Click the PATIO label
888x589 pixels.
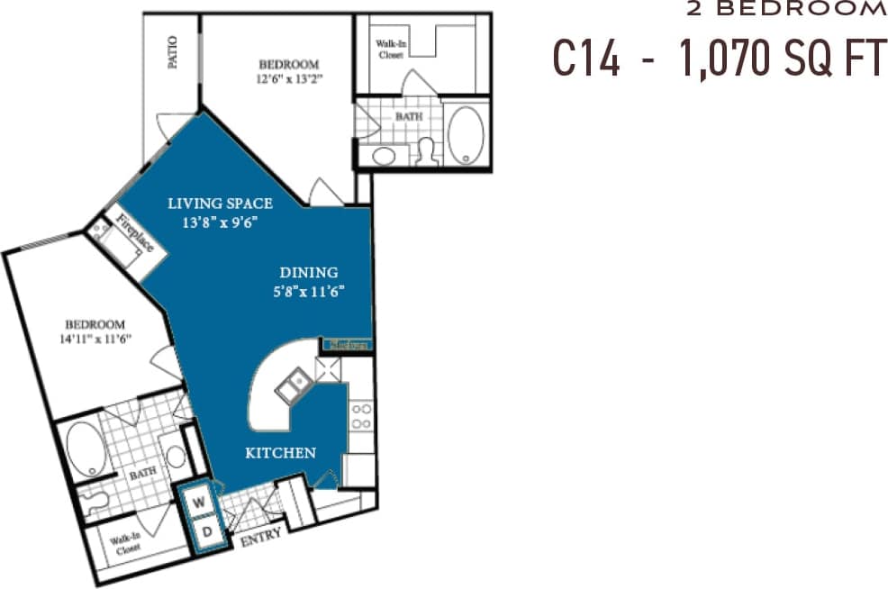point(172,52)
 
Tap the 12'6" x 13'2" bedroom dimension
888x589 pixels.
point(288,77)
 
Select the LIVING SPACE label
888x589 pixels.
point(220,204)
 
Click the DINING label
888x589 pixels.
point(308,272)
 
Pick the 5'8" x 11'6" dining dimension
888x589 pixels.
point(308,290)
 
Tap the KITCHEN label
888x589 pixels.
point(280,453)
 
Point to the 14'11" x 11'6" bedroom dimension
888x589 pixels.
point(94,339)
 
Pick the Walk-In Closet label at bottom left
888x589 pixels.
point(126,544)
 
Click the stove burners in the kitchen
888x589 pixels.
point(361,416)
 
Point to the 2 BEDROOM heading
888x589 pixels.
point(786,10)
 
